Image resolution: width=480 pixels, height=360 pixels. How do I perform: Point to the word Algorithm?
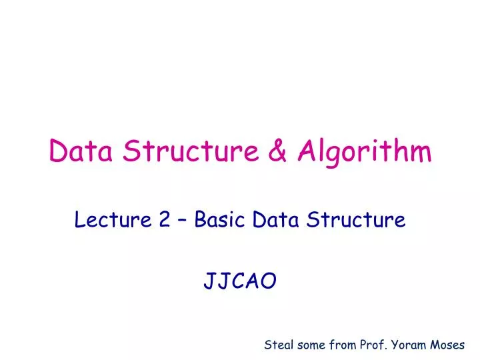click(364, 153)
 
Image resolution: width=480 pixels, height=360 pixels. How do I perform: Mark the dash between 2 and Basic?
click(182, 220)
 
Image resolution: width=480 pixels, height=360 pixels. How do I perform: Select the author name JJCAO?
click(239, 283)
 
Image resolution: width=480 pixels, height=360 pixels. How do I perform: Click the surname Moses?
click(449, 345)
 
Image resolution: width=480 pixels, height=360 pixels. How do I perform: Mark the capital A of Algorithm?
click(307, 152)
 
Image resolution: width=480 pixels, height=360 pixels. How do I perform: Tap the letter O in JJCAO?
click(268, 283)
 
